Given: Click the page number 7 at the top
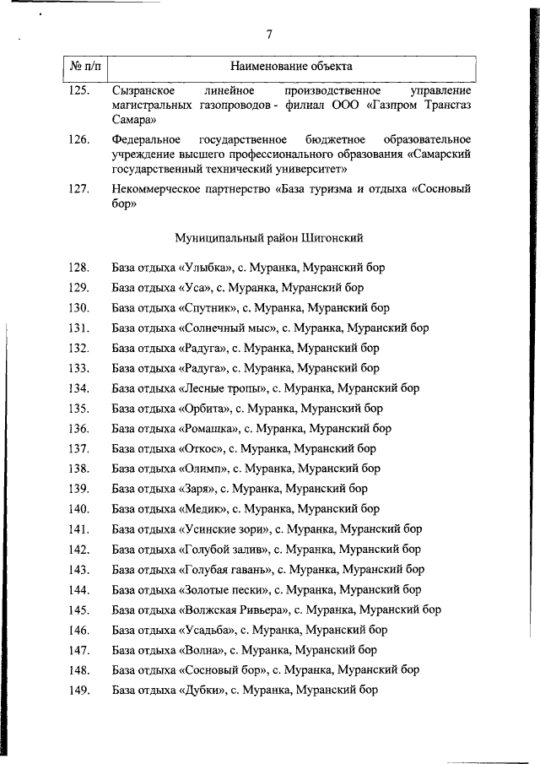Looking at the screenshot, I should coord(269,35).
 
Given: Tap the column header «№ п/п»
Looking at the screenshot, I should coord(85,65).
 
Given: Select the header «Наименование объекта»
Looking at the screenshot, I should coord(291,65).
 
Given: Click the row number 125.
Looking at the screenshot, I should coord(79,89).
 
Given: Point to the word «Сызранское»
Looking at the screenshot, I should coord(143,89).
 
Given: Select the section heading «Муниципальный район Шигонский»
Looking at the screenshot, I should coord(270,238).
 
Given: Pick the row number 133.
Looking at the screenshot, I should coord(79,368).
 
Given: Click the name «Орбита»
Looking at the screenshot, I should coord(205,409).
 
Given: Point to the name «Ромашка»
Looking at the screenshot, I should coord(209,428).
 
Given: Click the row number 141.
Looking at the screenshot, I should coord(79,529).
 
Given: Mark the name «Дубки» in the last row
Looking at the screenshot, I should coord(202,690).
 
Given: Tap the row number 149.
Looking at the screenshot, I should coord(79,690).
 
